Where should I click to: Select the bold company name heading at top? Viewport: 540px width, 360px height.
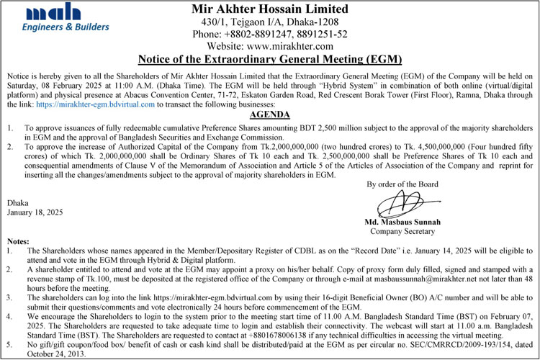270,9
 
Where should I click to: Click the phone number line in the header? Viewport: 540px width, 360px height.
270,34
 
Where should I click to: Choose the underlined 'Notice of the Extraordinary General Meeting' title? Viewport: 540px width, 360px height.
270,59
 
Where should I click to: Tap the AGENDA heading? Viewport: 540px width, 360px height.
269,115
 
